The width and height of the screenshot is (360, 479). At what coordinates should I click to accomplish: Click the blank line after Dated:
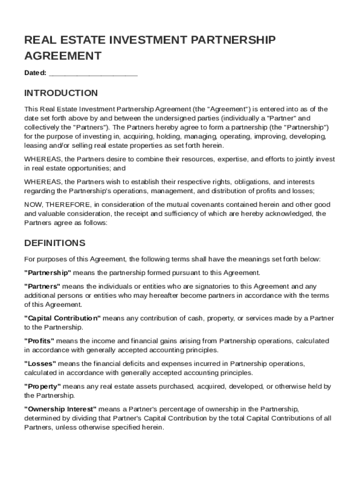[93, 73]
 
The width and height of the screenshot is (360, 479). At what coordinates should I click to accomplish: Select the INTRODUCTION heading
[61, 93]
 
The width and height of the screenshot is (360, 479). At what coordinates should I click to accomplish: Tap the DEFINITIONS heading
[55, 243]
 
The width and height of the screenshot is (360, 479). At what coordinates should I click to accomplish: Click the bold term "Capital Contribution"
[63, 318]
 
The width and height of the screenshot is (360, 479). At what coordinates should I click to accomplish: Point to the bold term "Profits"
[39, 341]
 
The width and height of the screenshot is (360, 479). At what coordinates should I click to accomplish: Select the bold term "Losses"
[40, 363]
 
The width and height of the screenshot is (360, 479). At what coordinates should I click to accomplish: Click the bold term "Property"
[43, 386]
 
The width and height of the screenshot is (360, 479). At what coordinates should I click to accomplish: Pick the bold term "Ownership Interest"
[60, 409]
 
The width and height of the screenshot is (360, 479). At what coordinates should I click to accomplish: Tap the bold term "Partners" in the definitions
[42, 286]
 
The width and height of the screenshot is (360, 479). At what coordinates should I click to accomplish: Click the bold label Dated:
[35, 73]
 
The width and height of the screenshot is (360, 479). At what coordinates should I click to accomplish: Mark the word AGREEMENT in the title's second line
[63, 56]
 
